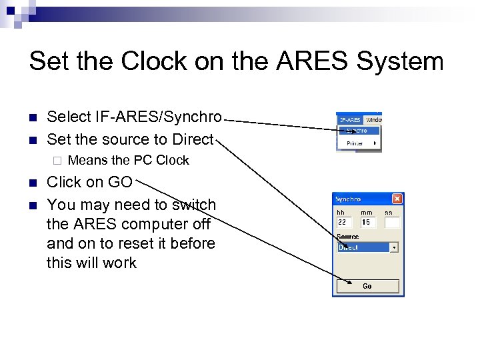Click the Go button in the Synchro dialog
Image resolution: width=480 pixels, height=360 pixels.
click(x=367, y=286)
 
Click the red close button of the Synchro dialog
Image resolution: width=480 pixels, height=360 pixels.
click(x=397, y=199)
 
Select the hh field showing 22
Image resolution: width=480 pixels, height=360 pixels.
click(x=345, y=222)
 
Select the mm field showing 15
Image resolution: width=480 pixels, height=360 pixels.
click(x=368, y=222)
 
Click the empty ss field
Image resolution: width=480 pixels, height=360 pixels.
click(x=392, y=222)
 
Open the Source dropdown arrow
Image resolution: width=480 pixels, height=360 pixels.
click(x=394, y=247)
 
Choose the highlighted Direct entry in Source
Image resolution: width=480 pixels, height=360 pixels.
click(x=363, y=247)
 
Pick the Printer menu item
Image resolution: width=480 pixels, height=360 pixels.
click(x=355, y=143)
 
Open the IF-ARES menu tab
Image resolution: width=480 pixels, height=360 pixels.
click(x=350, y=119)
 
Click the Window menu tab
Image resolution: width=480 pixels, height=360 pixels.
click(x=373, y=119)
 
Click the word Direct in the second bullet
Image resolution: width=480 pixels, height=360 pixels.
click(x=191, y=139)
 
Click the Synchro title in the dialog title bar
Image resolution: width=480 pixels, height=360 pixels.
click(x=348, y=199)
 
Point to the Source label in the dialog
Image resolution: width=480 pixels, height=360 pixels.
click(x=347, y=237)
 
